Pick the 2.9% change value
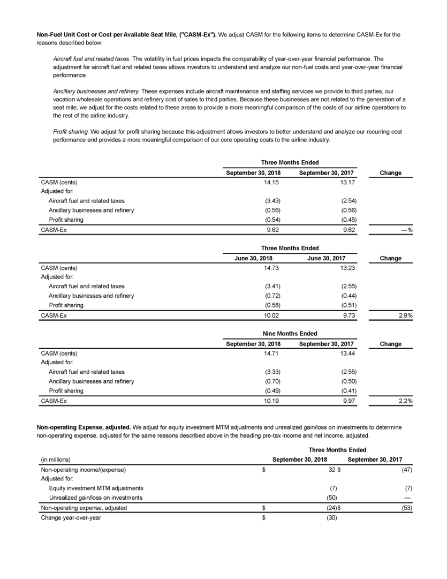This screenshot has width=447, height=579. tap(404, 315)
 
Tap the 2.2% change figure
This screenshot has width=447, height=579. tap(404, 400)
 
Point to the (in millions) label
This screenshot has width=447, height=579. tap(56, 459)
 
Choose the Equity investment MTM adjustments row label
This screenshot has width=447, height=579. tap(96, 488)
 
